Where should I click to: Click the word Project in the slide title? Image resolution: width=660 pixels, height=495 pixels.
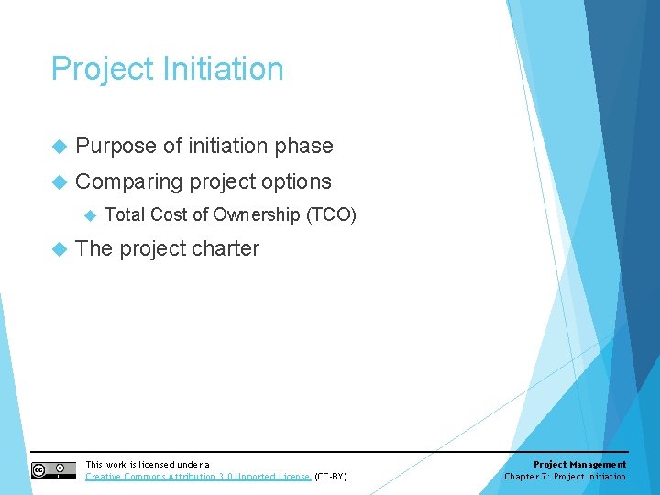tap(103, 70)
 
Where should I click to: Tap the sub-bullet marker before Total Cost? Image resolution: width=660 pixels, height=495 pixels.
tap(90, 215)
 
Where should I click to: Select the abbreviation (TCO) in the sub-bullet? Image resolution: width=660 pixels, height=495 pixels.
tap(331, 215)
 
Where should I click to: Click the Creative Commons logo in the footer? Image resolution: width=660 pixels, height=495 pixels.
tap(53, 470)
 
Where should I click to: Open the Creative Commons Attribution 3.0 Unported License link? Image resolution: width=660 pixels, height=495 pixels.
tap(198, 477)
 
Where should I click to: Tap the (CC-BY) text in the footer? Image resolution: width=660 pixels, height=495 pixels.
tap(332, 477)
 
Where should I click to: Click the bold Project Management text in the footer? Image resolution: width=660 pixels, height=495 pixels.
tap(579, 465)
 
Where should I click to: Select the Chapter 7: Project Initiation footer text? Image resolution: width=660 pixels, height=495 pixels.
tap(565, 477)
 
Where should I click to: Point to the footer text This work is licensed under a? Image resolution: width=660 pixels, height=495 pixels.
tap(148, 465)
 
